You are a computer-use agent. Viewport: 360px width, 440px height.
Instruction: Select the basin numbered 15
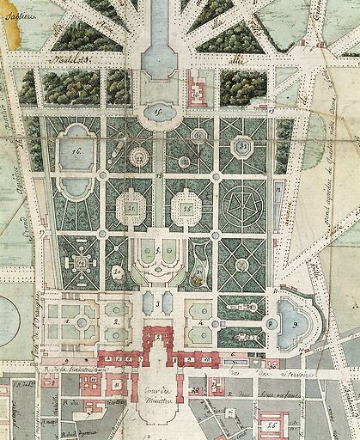click(x=159, y=112)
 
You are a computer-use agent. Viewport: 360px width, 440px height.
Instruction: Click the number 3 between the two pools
click(x=159, y=302)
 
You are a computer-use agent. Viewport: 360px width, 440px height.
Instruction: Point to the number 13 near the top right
click(x=272, y=112)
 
